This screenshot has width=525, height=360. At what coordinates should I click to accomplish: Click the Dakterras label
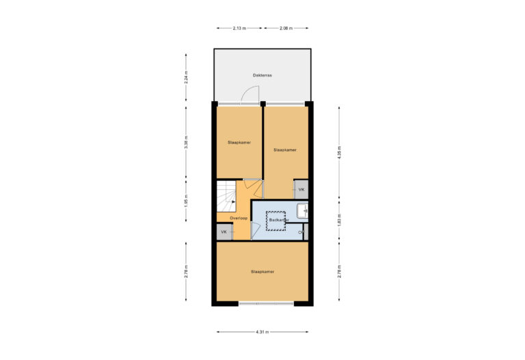pyautogui.click(x=262, y=76)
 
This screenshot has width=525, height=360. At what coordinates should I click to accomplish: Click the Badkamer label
pyautogui.click(x=277, y=220)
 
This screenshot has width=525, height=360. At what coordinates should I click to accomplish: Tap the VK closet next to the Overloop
pyautogui.click(x=224, y=232)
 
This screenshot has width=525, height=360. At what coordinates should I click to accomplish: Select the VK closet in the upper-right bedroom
pyautogui.click(x=301, y=189)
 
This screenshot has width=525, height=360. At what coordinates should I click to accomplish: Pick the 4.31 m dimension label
pyautogui.click(x=262, y=332)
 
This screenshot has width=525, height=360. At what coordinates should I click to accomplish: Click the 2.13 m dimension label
pyautogui.click(x=239, y=28)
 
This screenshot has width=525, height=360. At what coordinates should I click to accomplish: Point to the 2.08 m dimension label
pyautogui.click(x=286, y=28)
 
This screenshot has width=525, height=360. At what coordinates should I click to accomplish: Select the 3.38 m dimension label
pyautogui.click(x=186, y=141)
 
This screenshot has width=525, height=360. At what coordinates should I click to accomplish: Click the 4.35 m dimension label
pyautogui.click(x=340, y=153)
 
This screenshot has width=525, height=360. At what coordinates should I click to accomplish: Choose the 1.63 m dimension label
pyautogui.click(x=340, y=220)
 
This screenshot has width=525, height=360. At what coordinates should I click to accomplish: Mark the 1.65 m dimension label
pyautogui.click(x=186, y=202)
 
